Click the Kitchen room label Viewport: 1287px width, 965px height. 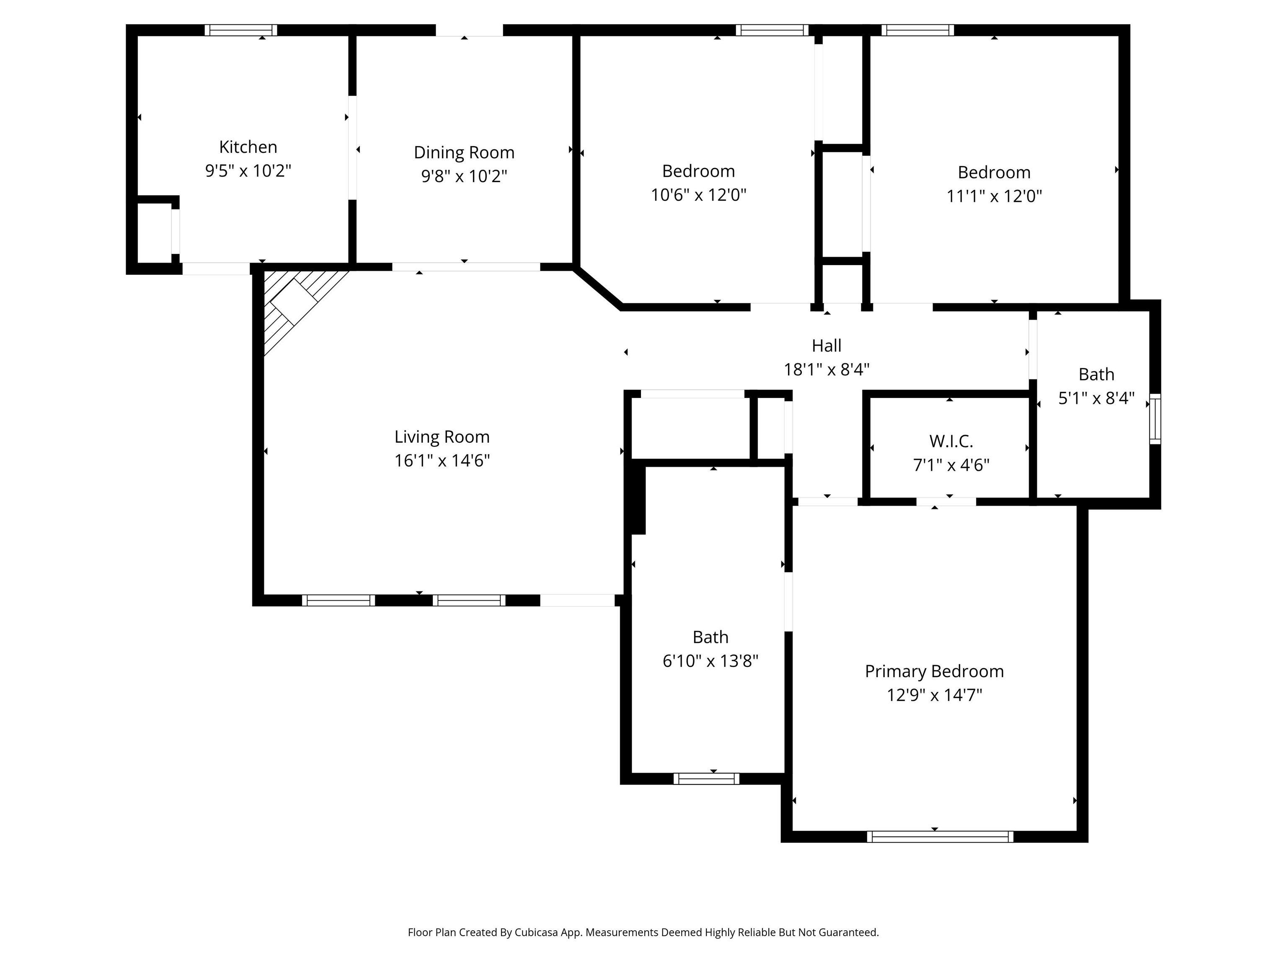pyautogui.click(x=248, y=147)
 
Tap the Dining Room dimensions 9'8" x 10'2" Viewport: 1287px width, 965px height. pyautogui.click(x=464, y=175)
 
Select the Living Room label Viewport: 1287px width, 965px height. pyautogui.click(x=442, y=437)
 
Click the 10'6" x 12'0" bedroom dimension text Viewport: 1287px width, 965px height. pyautogui.click(x=698, y=194)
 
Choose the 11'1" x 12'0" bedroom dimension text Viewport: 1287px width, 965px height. pyautogui.click(x=994, y=196)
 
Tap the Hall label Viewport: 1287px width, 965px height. pyautogui.click(x=826, y=346)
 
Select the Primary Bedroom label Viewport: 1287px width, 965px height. pyautogui.click(x=934, y=671)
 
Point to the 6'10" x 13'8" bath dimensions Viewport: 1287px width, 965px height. pyautogui.click(x=711, y=661)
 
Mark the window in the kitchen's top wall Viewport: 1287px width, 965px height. pyautogui.click(x=241, y=30)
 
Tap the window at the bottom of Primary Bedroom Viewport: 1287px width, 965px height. pyautogui.click(x=940, y=836)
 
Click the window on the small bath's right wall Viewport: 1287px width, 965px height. pyautogui.click(x=1155, y=419)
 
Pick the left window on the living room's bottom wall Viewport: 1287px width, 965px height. pyautogui.click(x=338, y=600)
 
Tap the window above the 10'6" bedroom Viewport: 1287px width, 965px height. pyautogui.click(x=772, y=30)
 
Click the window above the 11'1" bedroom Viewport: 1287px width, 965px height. pyautogui.click(x=917, y=30)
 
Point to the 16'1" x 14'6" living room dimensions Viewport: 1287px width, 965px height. pyautogui.click(x=442, y=461)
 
